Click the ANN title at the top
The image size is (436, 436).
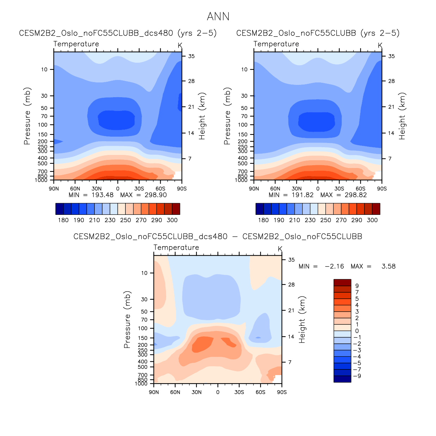point(218,17)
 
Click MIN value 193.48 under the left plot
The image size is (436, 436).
point(102,195)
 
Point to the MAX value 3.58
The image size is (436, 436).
point(388,266)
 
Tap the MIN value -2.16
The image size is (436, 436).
point(334,266)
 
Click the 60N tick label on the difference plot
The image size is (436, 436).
point(175,392)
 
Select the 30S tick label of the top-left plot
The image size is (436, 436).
point(139,189)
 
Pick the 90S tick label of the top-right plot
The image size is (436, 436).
point(382,189)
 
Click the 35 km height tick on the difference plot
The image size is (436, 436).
point(291,260)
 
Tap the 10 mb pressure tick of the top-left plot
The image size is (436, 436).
point(44,69)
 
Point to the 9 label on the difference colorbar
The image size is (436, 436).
point(357,286)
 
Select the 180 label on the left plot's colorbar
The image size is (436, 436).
point(63,220)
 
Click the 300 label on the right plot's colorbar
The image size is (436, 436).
point(372,220)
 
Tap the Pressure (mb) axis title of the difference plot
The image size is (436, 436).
point(127,319)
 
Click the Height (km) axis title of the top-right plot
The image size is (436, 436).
point(402,116)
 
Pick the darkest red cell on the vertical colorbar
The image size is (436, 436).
point(342,282)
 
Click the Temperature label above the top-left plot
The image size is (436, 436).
point(76,44)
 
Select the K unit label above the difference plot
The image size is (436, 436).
point(280,249)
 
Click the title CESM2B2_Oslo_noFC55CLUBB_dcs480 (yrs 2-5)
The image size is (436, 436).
point(118,33)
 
